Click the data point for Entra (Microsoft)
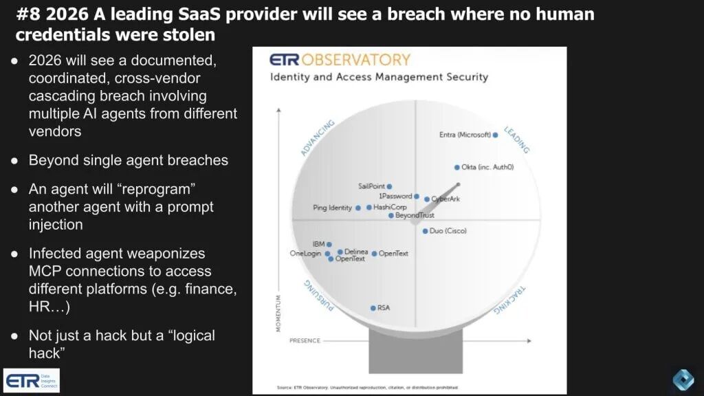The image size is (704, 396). tap(495, 135)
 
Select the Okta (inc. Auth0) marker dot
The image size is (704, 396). tap(456, 167)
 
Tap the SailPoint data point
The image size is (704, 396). tap(389, 186)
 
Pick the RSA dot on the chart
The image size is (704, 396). tap(373, 308)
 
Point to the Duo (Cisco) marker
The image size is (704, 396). tap(425, 231)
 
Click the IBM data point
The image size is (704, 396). tap(329, 244)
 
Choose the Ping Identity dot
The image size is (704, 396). tap(358, 208)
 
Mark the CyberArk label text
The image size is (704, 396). tap(445, 199)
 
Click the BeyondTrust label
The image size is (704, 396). tap(415, 216)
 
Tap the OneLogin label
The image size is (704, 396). tap(305, 254)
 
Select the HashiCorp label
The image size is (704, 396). tap(390, 207)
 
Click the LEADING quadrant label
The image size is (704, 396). tap(516, 140)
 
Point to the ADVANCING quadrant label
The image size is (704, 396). tap(317, 137)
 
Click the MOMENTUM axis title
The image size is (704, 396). tap(278, 313)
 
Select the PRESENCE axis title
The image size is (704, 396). tap(305, 340)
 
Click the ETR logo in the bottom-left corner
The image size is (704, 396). tap(32, 380)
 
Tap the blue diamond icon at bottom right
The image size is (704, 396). tap(683, 379)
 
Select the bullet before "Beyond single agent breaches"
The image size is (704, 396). tap(14, 161)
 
